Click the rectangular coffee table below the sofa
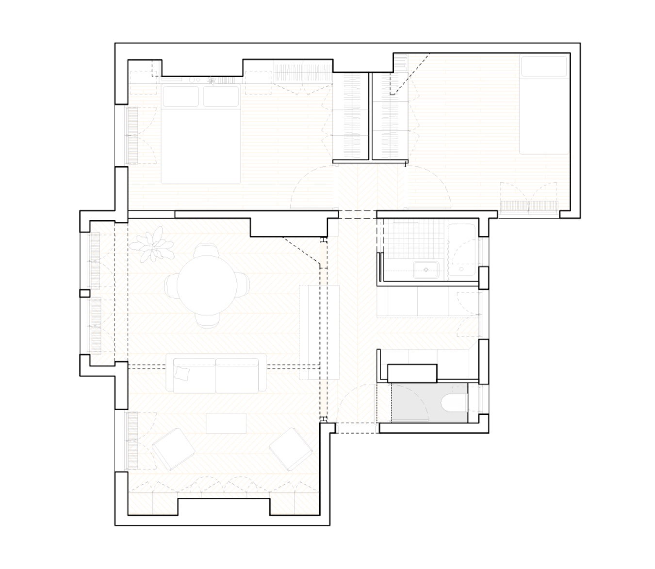pyautogui.click(x=226, y=423)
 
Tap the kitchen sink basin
pyautogui.click(x=426, y=269)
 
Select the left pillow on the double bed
pyautogui.click(x=180, y=96)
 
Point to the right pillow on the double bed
pyautogui.click(x=221, y=96)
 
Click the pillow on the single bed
pyautogui.click(x=543, y=67)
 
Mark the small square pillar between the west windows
pyautogui.click(x=85, y=293)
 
